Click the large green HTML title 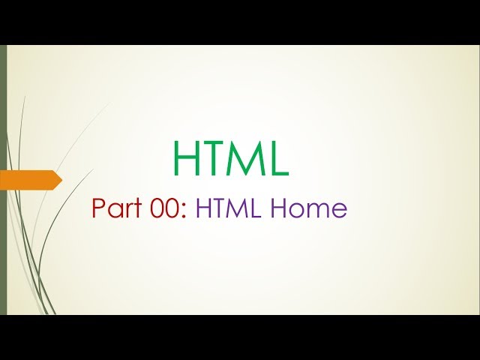(230, 158)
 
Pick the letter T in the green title (214, 158)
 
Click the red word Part (117, 208)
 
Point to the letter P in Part (98, 208)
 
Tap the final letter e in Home (340, 210)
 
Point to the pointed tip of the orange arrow (60, 180)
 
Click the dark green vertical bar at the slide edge (3, 180)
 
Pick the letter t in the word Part (139, 208)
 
